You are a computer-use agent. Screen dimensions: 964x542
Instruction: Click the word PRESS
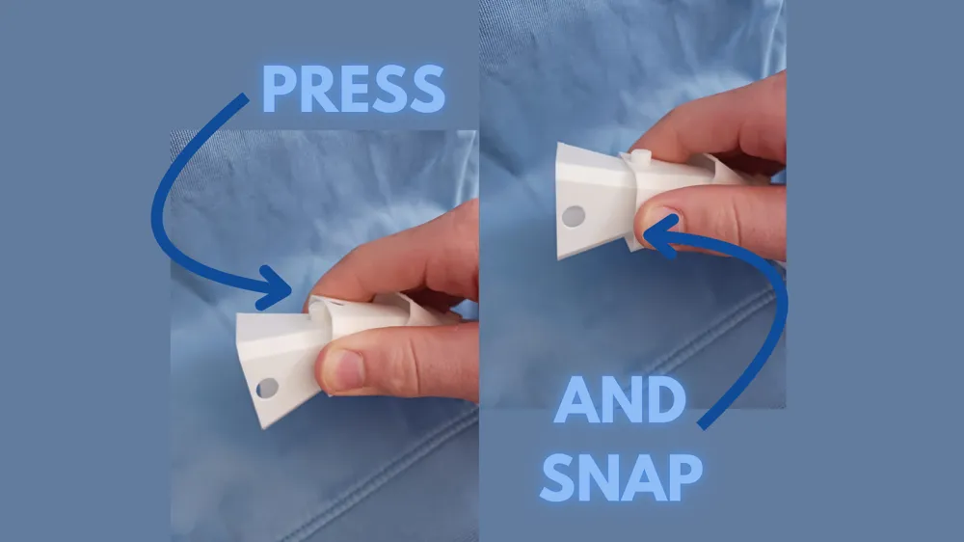click(354, 89)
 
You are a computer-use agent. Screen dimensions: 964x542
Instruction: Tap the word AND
click(620, 400)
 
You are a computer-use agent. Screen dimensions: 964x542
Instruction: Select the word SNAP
click(622, 477)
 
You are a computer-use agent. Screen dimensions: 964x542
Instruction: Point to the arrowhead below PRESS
click(273, 287)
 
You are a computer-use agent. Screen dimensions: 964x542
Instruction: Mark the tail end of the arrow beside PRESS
click(245, 97)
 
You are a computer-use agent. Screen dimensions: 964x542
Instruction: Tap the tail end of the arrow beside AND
click(702, 425)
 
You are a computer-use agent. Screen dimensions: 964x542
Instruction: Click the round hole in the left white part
click(267, 389)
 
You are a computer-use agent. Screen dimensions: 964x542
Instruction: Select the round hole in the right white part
click(574, 216)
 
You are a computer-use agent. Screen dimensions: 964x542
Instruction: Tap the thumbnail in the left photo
click(345, 368)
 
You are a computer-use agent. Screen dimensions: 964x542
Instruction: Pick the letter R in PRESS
click(318, 89)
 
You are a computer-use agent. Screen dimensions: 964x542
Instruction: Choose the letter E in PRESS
click(354, 89)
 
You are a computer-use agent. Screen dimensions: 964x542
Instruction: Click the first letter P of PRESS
click(280, 89)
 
